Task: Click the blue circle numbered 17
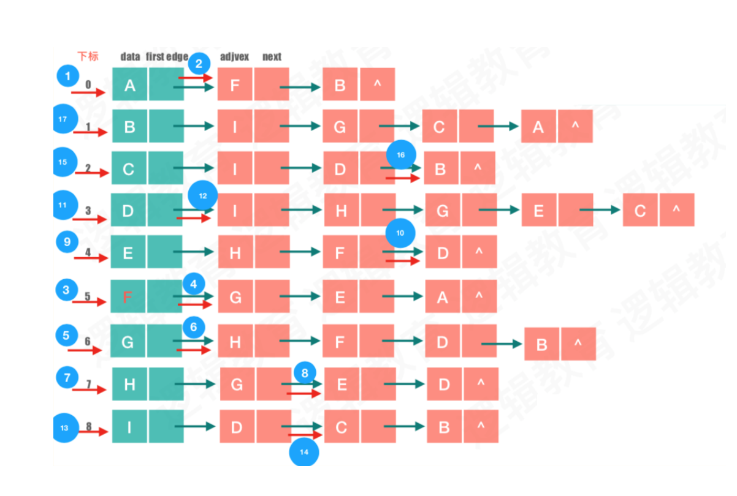pyautogui.click(x=64, y=120)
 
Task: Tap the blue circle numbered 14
pyautogui.click(x=304, y=452)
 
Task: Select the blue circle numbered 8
pyautogui.click(x=305, y=372)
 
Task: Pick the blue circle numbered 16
pyautogui.click(x=401, y=155)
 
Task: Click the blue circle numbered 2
pyautogui.click(x=199, y=63)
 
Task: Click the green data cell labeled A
pyautogui.click(x=130, y=85)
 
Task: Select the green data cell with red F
pyautogui.click(x=128, y=298)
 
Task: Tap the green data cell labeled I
pyautogui.click(x=129, y=427)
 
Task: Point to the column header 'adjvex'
pyautogui.click(x=234, y=57)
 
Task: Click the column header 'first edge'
pyautogui.click(x=167, y=57)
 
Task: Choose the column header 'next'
pyautogui.click(x=272, y=57)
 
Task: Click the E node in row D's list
pyautogui.click(x=539, y=211)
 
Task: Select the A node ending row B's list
pyautogui.click(x=538, y=127)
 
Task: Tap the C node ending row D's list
pyautogui.click(x=640, y=211)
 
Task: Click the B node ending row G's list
pyautogui.click(x=542, y=344)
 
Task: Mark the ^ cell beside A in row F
pyautogui.click(x=479, y=297)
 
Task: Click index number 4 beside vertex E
pyautogui.click(x=88, y=252)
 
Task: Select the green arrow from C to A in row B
pyautogui.click(x=498, y=127)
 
